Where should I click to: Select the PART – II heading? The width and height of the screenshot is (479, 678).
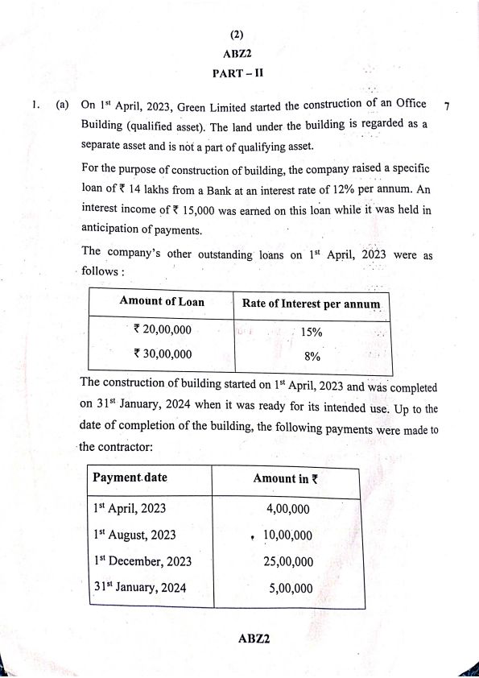click(238, 72)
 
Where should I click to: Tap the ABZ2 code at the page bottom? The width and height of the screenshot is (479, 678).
click(253, 639)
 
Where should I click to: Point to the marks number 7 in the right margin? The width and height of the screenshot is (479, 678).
click(446, 106)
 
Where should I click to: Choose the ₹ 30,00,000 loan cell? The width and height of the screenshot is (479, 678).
click(163, 353)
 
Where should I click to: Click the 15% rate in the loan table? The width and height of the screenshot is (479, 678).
click(312, 331)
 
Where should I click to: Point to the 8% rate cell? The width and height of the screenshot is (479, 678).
click(312, 356)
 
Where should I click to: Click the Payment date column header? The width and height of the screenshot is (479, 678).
click(130, 477)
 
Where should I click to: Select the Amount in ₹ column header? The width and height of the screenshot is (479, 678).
click(285, 478)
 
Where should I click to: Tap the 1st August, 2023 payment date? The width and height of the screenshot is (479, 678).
click(134, 535)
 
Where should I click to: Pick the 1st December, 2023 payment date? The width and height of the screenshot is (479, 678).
click(142, 561)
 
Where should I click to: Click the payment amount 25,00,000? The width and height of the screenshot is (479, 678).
click(288, 562)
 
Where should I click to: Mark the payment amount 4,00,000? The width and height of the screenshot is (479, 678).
click(287, 509)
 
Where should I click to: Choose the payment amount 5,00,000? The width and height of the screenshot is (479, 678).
click(290, 589)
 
